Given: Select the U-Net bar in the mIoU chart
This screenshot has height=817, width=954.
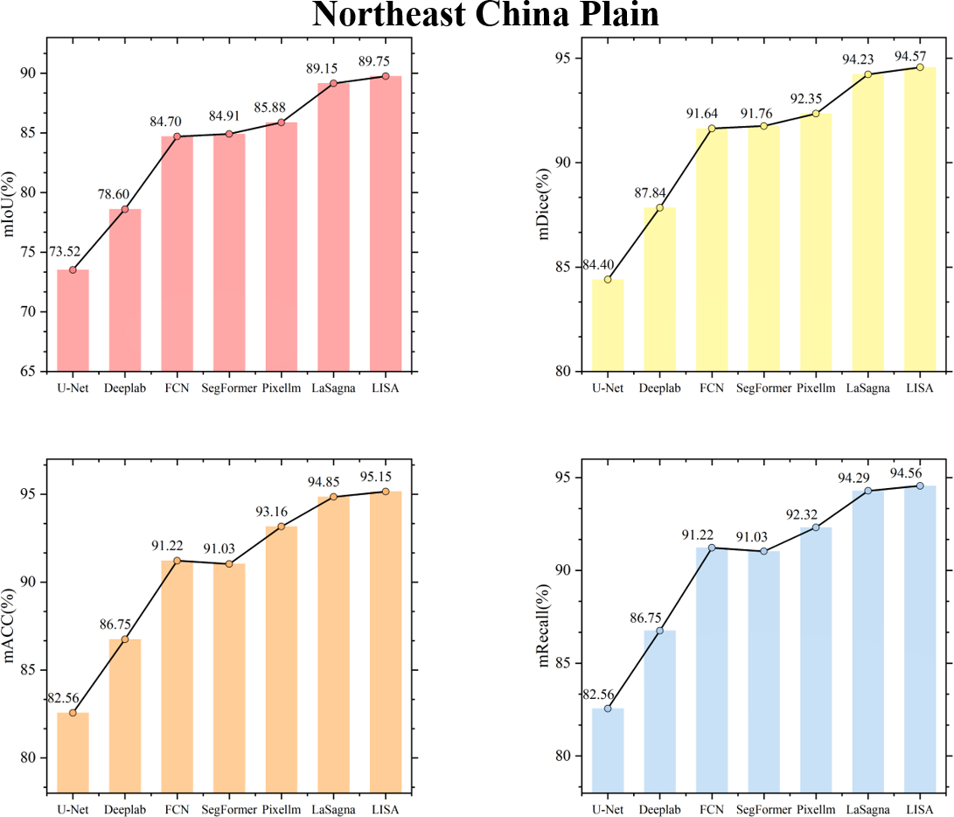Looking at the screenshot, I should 73,320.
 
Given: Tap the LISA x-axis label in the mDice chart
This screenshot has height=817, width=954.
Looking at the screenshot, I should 919,388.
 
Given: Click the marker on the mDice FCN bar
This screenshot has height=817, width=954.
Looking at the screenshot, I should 712,129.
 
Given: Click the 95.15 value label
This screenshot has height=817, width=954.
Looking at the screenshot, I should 385,478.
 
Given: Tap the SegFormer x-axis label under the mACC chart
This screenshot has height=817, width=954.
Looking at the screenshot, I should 229,808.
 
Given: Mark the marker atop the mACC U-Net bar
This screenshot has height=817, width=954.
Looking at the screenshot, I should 73,713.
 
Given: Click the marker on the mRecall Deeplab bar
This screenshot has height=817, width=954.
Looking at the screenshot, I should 660,631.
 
